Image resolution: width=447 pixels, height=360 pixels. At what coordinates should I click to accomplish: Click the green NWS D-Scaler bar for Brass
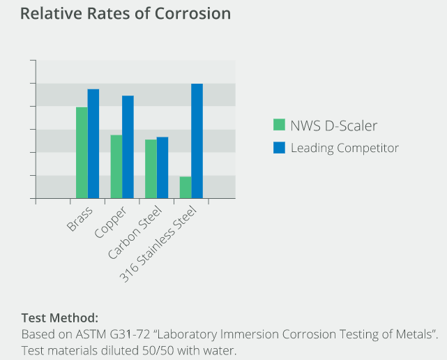[x=82, y=153]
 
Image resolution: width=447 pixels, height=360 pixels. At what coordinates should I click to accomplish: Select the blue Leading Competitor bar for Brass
[x=93, y=144]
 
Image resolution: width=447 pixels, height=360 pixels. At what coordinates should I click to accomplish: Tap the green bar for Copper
[x=116, y=167]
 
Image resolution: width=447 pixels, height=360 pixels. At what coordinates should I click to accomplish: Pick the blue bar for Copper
[x=128, y=147]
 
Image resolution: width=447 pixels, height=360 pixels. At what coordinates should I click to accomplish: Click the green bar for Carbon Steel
[x=151, y=169]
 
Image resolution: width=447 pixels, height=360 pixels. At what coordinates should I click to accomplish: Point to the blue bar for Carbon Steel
[x=162, y=167]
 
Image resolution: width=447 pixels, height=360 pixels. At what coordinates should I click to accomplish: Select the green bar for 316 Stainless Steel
[x=185, y=188]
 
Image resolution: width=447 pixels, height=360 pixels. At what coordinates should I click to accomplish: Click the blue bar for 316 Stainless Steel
[x=197, y=141]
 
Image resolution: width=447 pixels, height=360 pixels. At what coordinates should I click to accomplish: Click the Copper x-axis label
[x=112, y=221]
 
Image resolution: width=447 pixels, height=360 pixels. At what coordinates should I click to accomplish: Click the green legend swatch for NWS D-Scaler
[x=280, y=125]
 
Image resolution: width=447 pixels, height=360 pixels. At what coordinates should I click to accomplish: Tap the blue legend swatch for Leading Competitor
[x=280, y=147]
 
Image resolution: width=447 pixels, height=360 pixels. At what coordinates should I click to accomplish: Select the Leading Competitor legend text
[x=344, y=148]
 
